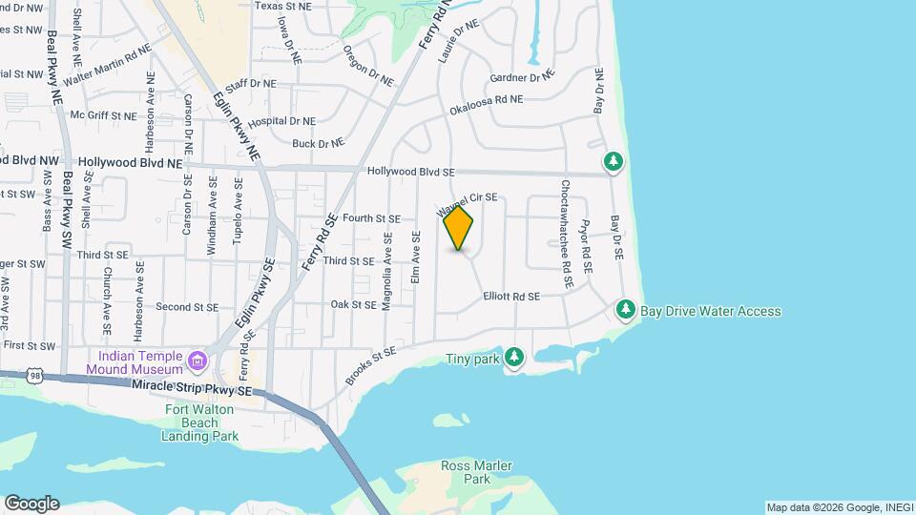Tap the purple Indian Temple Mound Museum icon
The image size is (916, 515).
pos(198,360)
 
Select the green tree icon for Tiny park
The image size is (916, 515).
pos(514,358)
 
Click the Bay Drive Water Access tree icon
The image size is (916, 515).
pos(626,309)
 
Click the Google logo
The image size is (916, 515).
pos(31,504)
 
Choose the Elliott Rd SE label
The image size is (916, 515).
pos(511,297)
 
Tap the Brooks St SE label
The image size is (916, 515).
pos(370,365)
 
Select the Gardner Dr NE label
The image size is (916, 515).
pos(520,76)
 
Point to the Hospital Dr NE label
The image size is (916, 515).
pos(281,122)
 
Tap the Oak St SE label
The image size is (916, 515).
pos(353,305)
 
